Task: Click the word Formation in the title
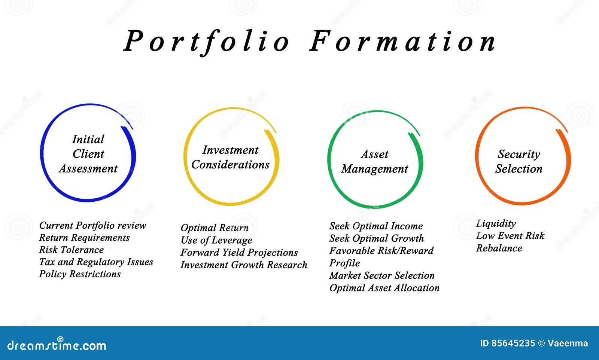[403, 41]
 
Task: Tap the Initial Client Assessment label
[88, 154]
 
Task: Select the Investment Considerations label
[230, 157]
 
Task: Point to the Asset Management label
[374, 162]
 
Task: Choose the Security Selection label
[519, 161]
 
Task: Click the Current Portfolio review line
[92, 225]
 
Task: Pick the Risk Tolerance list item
[71, 250]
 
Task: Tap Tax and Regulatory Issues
[96, 262]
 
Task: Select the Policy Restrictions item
[80, 274]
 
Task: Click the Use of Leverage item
[216, 240]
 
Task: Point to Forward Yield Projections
[239, 253]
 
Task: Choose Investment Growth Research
[244, 265]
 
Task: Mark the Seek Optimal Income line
[376, 226]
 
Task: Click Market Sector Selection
[382, 275]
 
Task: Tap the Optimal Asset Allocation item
[384, 288]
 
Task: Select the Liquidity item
[496, 223]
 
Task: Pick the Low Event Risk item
[510, 236]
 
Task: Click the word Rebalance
[499, 248]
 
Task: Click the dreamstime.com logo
[57, 345]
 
